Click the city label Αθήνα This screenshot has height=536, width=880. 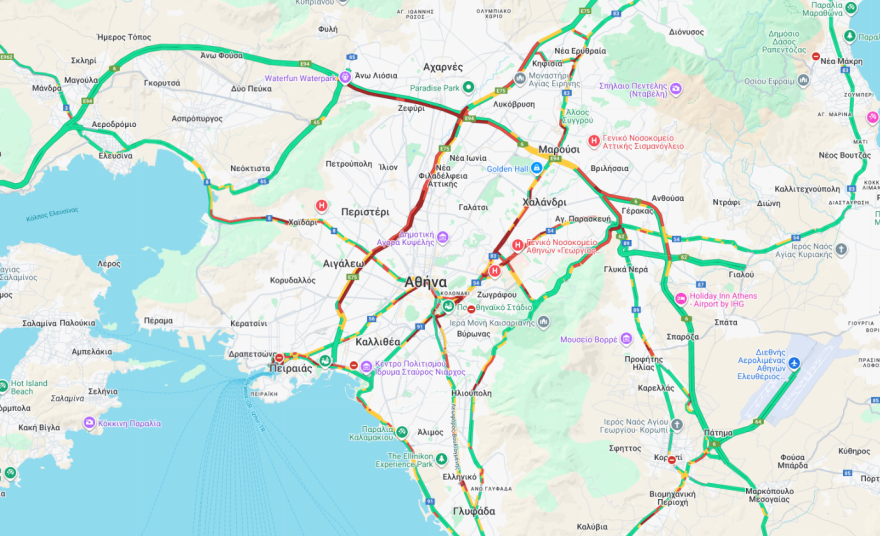(x=426, y=283)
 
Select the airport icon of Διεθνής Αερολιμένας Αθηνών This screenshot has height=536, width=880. (x=794, y=363)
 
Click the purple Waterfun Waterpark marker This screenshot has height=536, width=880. (x=346, y=77)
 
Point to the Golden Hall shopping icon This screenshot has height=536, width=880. (x=536, y=168)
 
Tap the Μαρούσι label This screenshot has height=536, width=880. (x=559, y=149)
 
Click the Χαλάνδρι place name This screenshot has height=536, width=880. (x=544, y=202)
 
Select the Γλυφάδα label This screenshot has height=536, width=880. (x=473, y=511)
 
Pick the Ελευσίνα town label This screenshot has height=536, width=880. (x=115, y=155)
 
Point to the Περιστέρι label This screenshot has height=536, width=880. (x=365, y=212)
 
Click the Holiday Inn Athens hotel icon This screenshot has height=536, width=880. (x=681, y=298)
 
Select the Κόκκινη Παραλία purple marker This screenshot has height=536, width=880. (x=89, y=423)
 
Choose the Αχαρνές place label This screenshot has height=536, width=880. (x=443, y=67)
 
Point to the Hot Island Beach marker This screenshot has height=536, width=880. (x=5, y=384)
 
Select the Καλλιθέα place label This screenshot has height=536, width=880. (x=378, y=341)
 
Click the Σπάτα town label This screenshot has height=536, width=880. (x=726, y=322)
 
